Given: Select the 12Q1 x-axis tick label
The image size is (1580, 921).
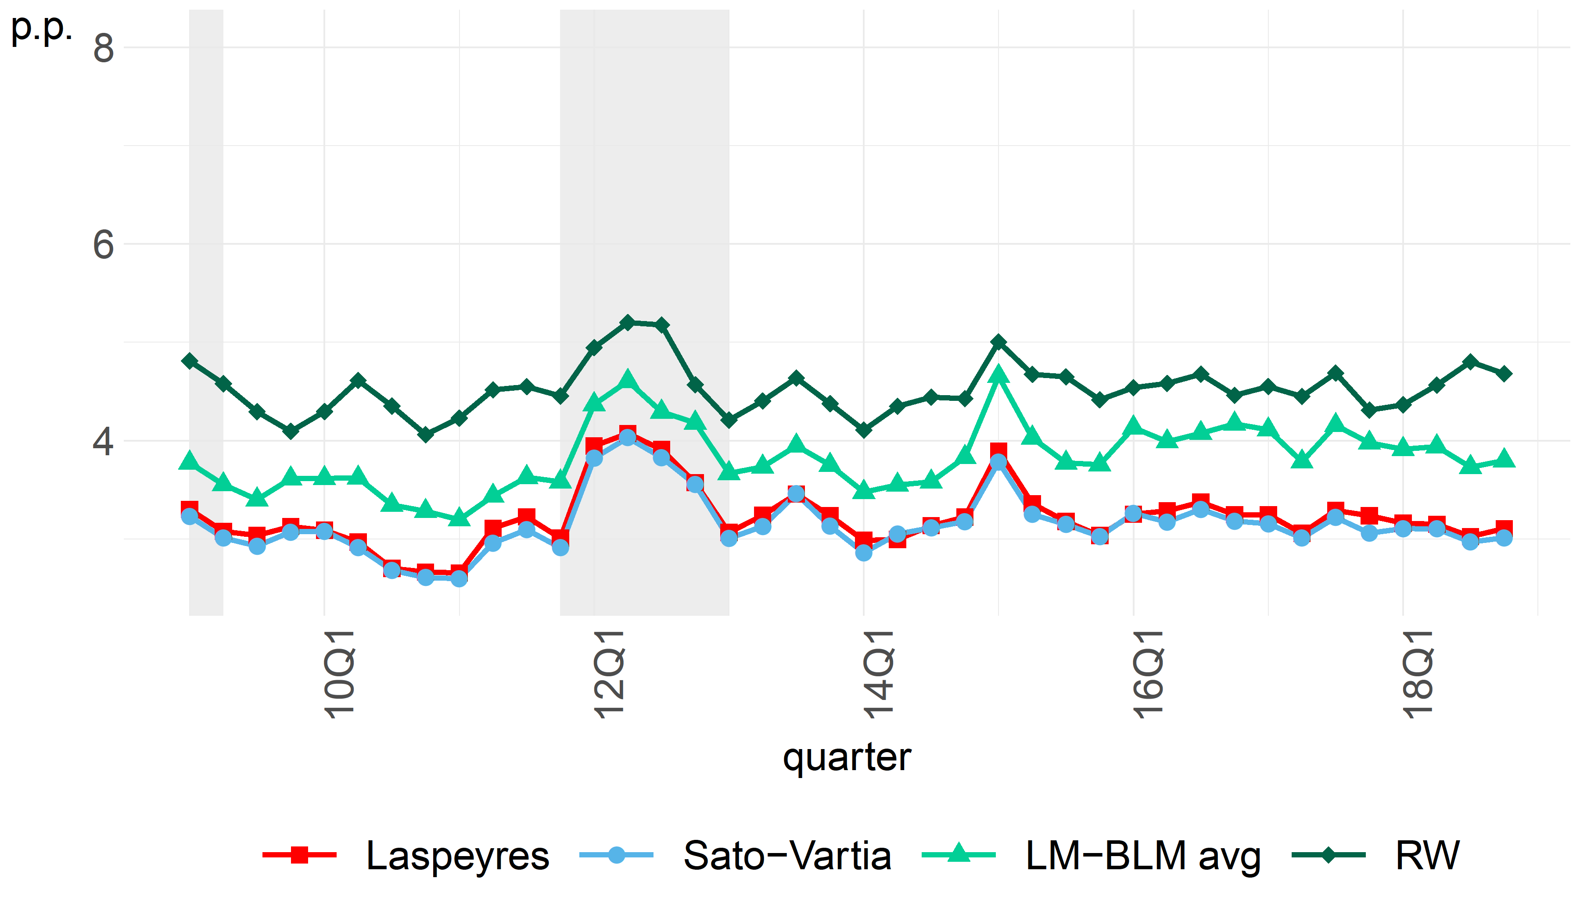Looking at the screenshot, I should click(x=609, y=674).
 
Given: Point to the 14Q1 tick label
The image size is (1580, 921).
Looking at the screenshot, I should click(x=878, y=674).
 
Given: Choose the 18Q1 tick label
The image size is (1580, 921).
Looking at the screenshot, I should click(x=1418, y=674).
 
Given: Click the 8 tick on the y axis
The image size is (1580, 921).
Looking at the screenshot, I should click(x=104, y=48).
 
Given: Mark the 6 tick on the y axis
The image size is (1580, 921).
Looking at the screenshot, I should click(x=104, y=244).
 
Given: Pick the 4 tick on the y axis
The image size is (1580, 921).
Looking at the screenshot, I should click(x=104, y=441).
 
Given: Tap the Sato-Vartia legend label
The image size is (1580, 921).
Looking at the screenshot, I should click(x=787, y=856).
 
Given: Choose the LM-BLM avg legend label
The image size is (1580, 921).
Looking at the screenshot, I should click(x=1142, y=856).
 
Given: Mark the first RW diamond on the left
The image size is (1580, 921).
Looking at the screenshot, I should click(x=189, y=361).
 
